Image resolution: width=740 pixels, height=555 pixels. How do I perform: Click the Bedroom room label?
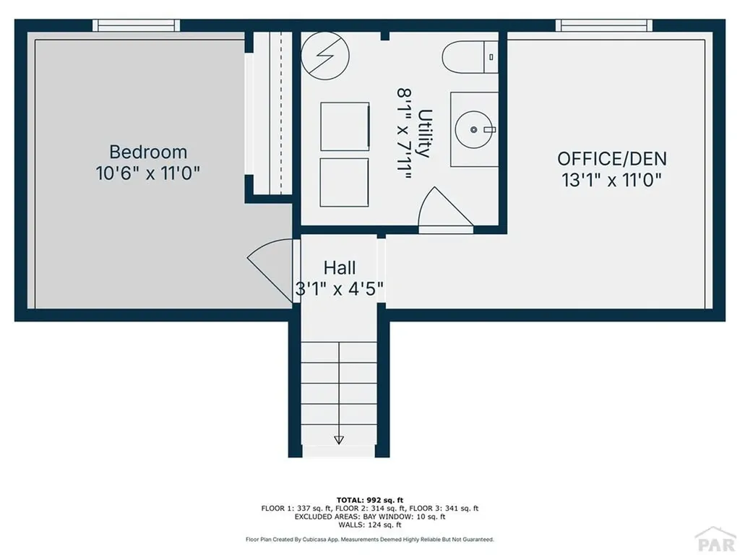pyautogui.click(x=148, y=152)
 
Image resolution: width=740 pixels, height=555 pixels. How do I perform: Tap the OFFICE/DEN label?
pyautogui.click(x=612, y=158)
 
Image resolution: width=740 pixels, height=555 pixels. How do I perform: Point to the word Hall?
pyautogui.click(x=340, y=267)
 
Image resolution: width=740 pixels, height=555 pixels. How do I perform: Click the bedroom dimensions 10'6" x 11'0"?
pyautogui.click(x=147, y=173)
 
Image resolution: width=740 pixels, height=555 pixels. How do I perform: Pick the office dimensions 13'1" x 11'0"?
pyautogui.click(x=612, y=180)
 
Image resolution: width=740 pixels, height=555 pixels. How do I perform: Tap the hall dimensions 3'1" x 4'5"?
pyautogui.click(x=339, y=289)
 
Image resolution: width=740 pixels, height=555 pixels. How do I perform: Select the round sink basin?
pyautogui.click(x=474, y=129)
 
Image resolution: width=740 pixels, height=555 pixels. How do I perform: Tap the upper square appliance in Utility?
pyautogui.click(x=345, y=126)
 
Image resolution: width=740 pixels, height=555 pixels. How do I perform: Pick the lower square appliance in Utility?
pyautogui.click(x=345, y=182)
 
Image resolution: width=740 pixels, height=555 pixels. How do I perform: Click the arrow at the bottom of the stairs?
pyautogui.click(x=339, y=439)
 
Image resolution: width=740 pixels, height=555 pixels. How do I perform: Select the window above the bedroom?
pyautogui.click(x=136, y=25)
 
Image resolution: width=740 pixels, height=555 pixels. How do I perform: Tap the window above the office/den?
pyautogui.click(x=603, y=25)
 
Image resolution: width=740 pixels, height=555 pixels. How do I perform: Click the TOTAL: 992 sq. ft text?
pyautogui.click(x=369, y=500)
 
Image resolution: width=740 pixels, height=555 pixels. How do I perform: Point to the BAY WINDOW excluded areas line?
pyautogui.click(x=369, y=517)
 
